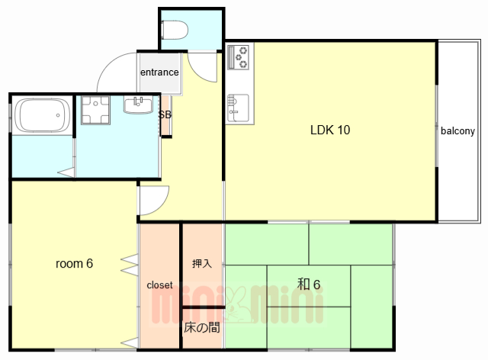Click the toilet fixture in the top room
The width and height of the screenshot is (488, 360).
tap(175, 30)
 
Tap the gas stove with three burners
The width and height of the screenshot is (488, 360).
tap(238, 57)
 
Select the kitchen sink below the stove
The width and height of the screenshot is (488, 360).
tap(238, 108)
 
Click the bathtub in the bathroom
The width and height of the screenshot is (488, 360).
tap(43, 115)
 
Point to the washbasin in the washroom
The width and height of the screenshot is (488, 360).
tap(138, 104)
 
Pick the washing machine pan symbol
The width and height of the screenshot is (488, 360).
tap(95, 110)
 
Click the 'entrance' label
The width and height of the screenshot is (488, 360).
tap(159, 72)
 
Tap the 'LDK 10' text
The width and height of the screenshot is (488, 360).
tap(330, 130)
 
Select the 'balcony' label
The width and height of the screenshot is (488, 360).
tap(457, 131)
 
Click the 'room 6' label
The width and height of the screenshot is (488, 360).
tap(74, 263)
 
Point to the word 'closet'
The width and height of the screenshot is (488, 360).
tap(159, 285)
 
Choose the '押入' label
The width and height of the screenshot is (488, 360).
tap(202, 263)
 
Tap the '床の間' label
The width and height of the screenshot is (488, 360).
tap(201, 327)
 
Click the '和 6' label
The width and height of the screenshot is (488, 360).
tap(308, 284)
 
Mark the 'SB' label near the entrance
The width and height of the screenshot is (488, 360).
tap(165, 114)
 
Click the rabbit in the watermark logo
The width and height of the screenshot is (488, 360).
tap(236, 306)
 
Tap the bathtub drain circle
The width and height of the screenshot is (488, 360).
tap(58, 115)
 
